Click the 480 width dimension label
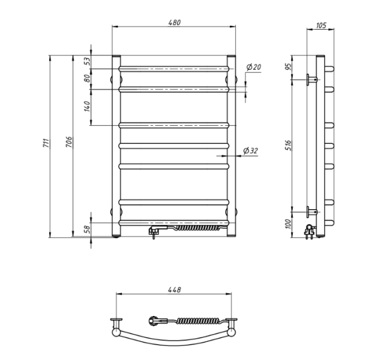click(174, 22)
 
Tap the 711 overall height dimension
click(47, 143)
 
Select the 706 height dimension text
click(69, 142)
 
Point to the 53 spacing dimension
click(88, 61)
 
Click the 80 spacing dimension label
click(88, 78)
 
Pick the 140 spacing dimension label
click(87, 106)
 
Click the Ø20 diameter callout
click(253, 67)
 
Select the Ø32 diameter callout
click(251, 151)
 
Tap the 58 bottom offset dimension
click(88, 230)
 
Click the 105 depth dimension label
click(321, 25)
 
